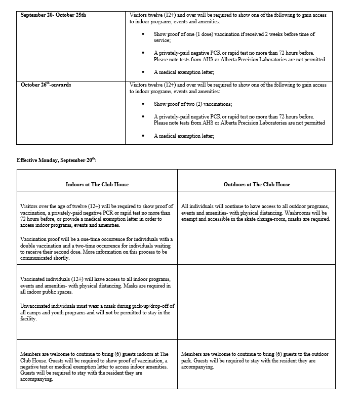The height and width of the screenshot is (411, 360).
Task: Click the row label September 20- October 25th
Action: (53, 15)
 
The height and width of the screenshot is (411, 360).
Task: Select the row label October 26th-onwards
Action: (46, 85)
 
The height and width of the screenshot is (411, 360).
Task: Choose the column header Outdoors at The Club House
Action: (257, 185)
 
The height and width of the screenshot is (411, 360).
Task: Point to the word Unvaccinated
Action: (36, 306)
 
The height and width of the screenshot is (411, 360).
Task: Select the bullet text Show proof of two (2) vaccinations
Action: (186, 104)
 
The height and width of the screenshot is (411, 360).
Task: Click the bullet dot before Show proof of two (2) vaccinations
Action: (144, 104)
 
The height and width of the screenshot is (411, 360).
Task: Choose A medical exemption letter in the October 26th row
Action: (184, 136)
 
